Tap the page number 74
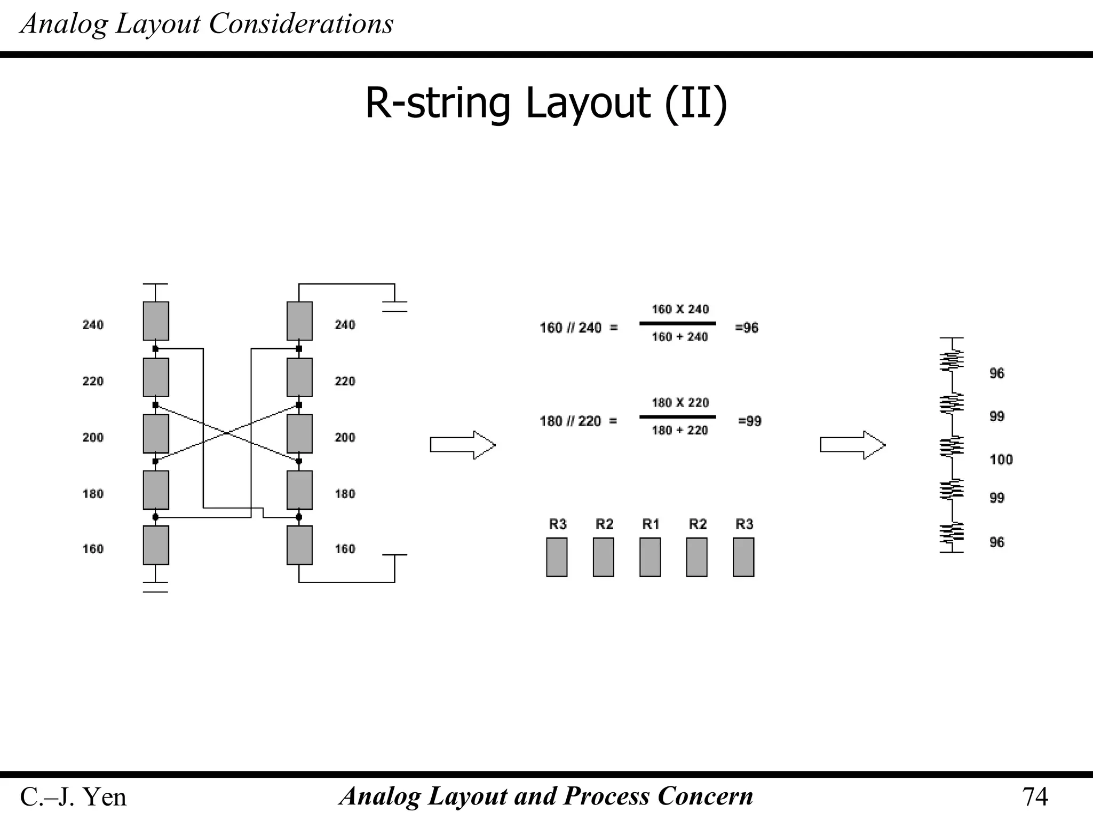click(x=1034, y=797)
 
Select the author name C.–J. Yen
click(x=73, y=797)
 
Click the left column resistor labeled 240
click(x=156, y=321)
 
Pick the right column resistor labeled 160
click(x=299, y=545)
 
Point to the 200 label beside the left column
click(x=93, y=438)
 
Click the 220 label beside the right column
click(x=345, y=381)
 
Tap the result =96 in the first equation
click(x=747, y=328)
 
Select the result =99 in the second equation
click(x=749, y=421)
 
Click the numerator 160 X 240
click(x=680, y=309)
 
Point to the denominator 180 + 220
click(x=679, y=430)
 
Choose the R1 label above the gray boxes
click(x=651, y=524)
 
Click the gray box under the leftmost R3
click(x=557, y=557)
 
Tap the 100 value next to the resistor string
click(x=1001, y=460)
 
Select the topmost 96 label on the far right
click(x=996, y=373)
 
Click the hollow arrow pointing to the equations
click(x=462, y=445)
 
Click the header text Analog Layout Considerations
click(x=207, y=24)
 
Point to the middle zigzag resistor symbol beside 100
click(x=952, y=446)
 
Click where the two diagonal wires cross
click(x=227, y=432)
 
